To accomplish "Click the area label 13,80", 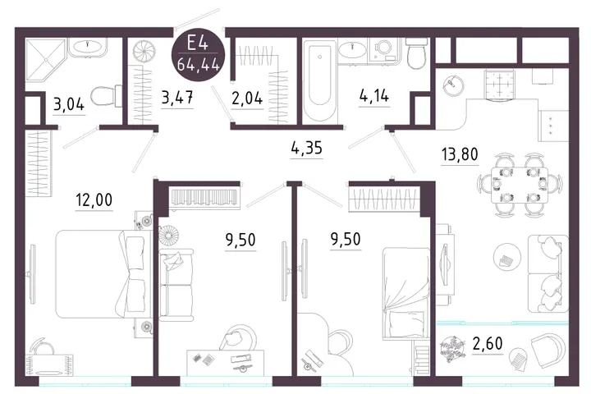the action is click(460, 154).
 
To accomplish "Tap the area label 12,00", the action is click(94, 199).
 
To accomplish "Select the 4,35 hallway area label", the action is click(306, 148).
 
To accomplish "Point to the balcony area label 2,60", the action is click(488, 343).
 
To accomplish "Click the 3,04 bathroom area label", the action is click(69, 104).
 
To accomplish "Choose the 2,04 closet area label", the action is click(247, 98).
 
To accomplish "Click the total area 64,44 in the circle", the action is click(199, 65).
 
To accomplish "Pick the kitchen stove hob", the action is click(499, 84).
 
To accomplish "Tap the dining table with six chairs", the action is click(520, 185).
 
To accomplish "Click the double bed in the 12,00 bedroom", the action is click(101, 274).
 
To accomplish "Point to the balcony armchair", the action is click(547, 350).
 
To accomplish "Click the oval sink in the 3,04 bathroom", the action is click(88, 46).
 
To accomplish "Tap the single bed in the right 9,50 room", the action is click(405, 292).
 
